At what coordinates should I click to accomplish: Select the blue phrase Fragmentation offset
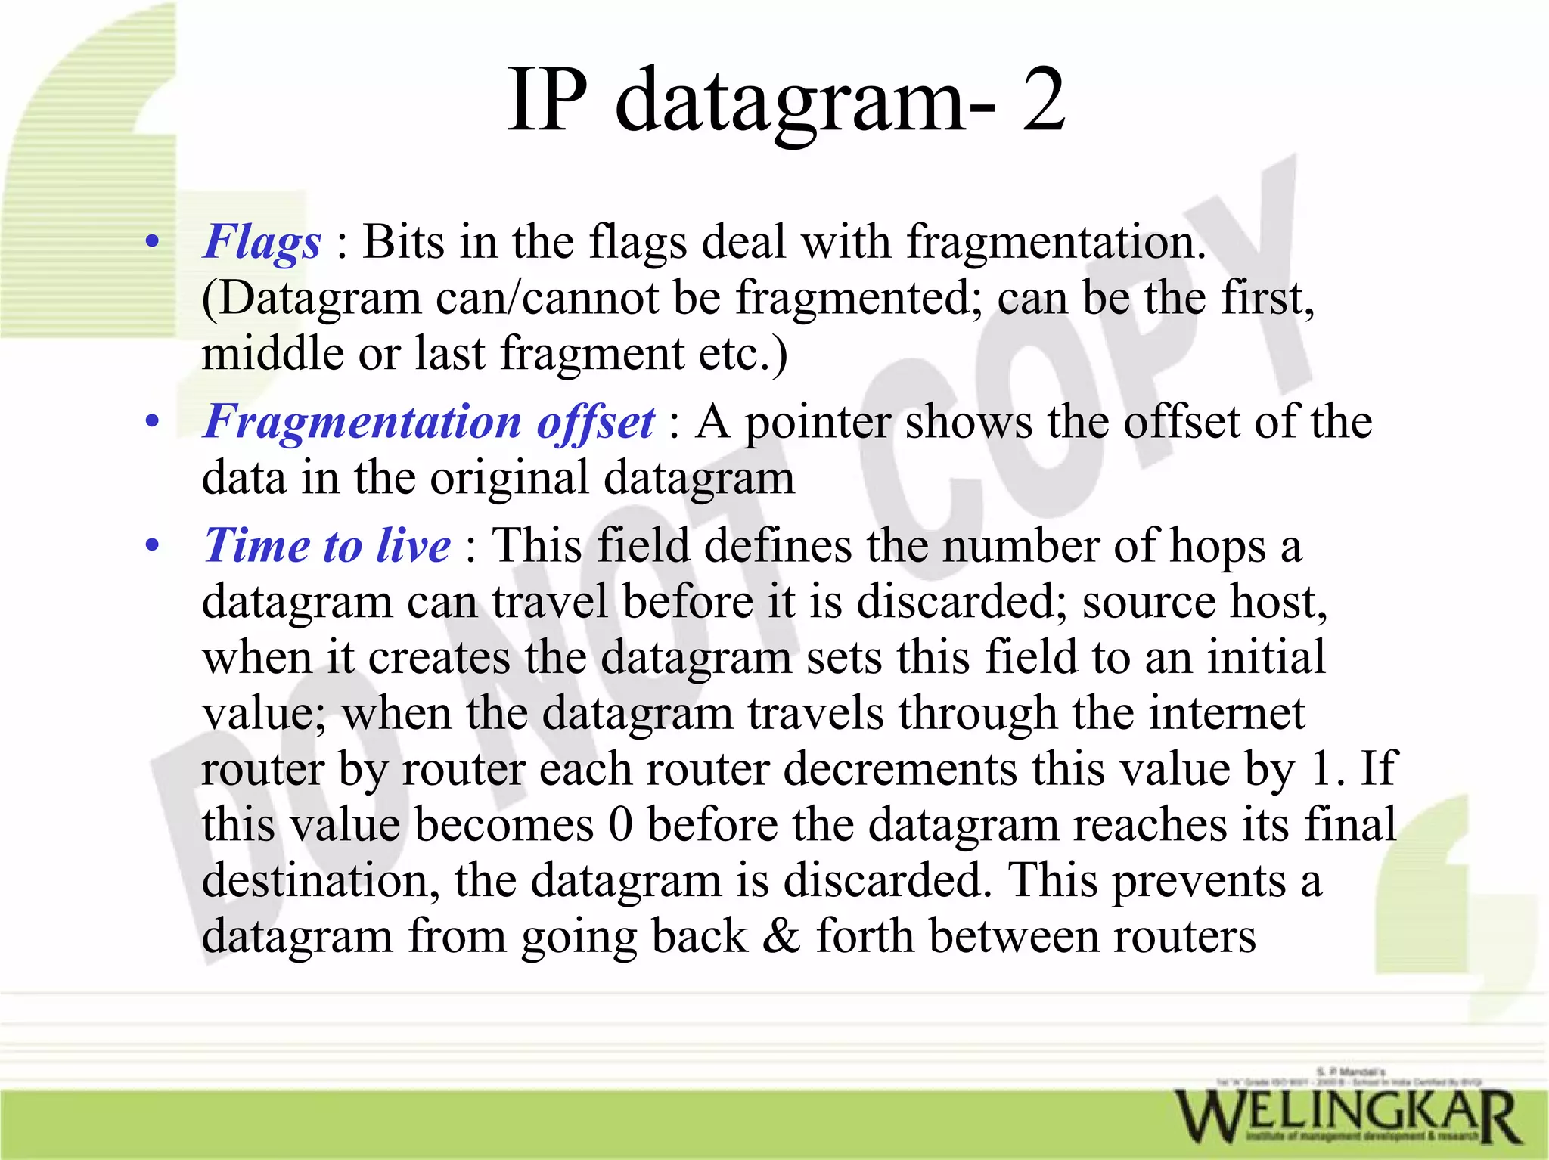tap(429, 422)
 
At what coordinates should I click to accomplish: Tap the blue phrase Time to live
tap(327, 545)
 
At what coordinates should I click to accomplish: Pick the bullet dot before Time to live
tap(153, 546)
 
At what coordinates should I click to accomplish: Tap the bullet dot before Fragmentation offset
tap(153, 423)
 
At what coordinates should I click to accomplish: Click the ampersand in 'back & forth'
tap(781, 936)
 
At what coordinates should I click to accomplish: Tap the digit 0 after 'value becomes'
tap(620, 825)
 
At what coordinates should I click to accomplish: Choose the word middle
tap(272, 354)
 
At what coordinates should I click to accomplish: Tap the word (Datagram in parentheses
tap(311, 298)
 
